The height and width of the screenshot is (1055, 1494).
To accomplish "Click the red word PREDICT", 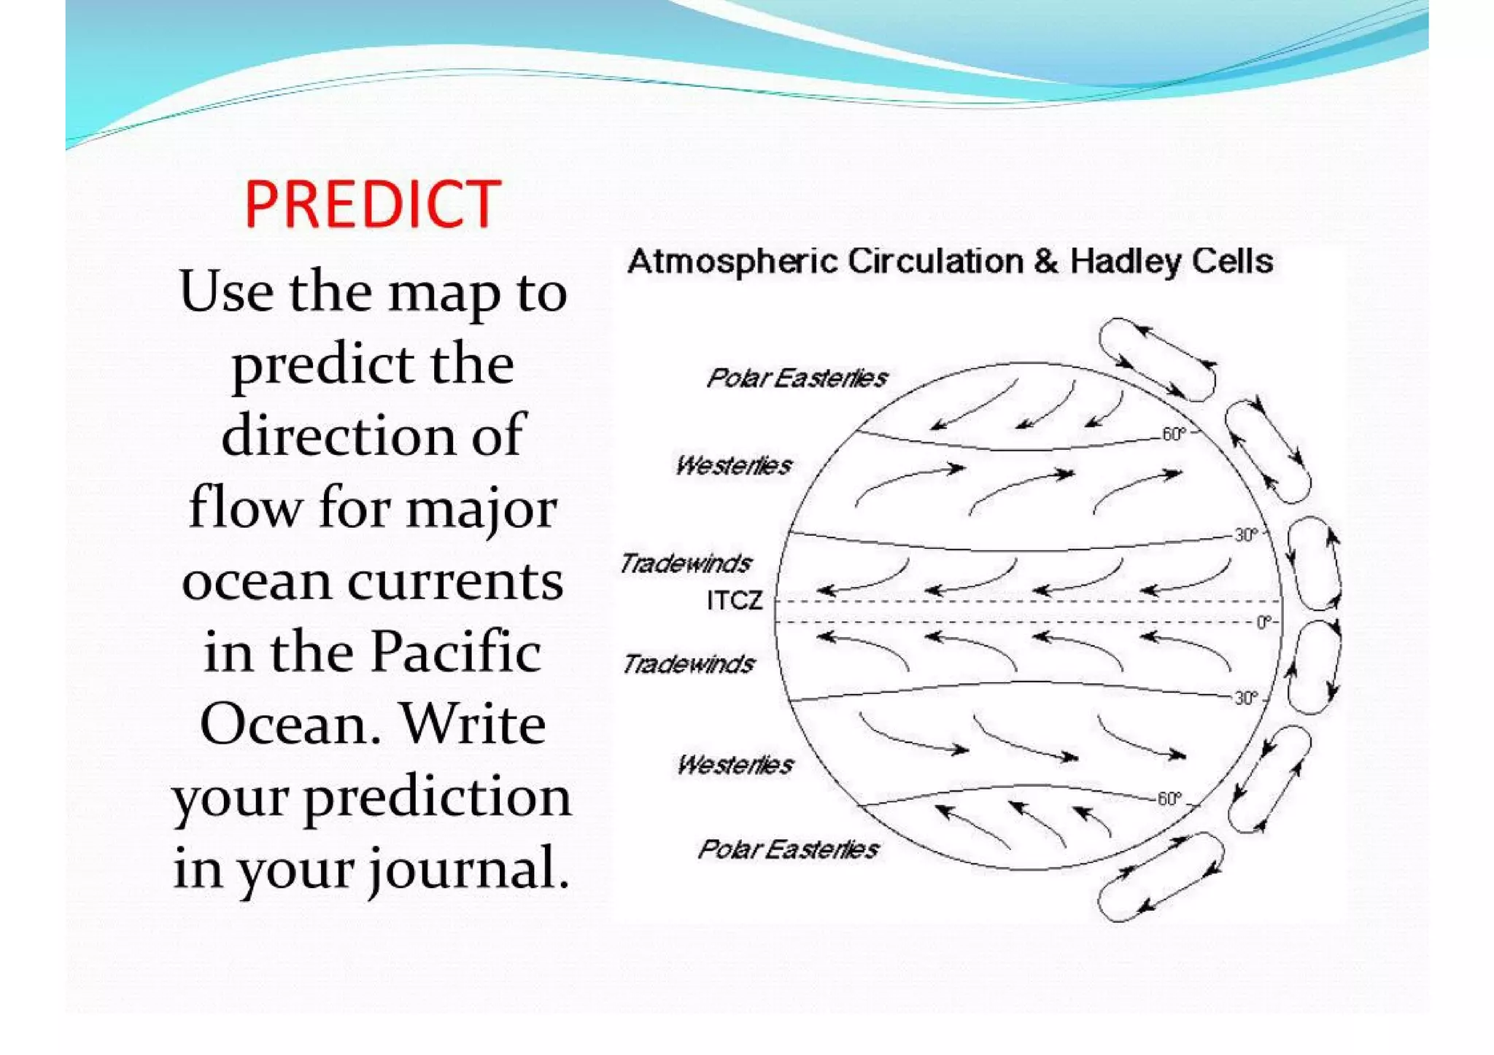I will coord(372,205).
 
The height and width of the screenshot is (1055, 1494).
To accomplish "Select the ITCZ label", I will coord(734,601).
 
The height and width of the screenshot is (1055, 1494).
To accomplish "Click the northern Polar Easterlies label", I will coord(797,378).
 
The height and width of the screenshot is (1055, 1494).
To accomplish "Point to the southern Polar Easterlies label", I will coord(788,849).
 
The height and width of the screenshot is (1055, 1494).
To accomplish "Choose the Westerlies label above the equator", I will coord(733,465).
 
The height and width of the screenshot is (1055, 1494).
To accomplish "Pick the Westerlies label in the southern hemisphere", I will coord(735,765).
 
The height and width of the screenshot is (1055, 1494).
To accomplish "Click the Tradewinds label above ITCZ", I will coord(685,563).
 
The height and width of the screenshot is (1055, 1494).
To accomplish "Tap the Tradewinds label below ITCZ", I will coord(688,663).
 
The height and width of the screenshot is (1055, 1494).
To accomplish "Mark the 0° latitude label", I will coord(1263,622).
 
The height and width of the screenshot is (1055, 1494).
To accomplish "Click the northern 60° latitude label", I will coord(1174,435).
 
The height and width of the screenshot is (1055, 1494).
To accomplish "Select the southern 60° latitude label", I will coord(1169,799).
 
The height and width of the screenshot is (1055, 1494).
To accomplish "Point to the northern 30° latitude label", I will coord(1246,535).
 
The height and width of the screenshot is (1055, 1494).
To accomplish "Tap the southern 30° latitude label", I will coord(1246,698).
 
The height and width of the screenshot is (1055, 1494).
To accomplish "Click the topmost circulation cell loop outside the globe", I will coord(1156,359).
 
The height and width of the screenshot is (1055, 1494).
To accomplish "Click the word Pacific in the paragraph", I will coord(456,651).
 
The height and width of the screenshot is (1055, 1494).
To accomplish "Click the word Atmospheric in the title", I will coord(732,262).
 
